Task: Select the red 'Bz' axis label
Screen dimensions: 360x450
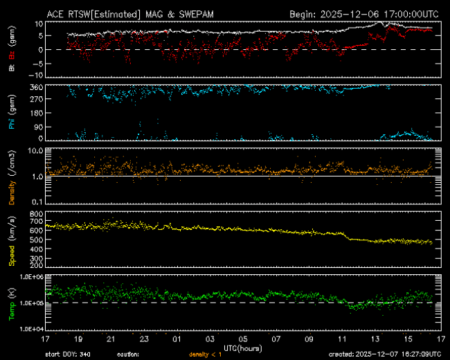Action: tap(11, 57)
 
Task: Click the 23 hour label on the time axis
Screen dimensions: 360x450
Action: tap(144, 339)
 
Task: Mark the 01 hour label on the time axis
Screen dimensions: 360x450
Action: tap(177, 339)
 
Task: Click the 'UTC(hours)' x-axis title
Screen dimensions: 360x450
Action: tap(243, 345)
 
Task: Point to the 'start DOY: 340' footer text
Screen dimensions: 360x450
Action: tap(67, 354)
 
